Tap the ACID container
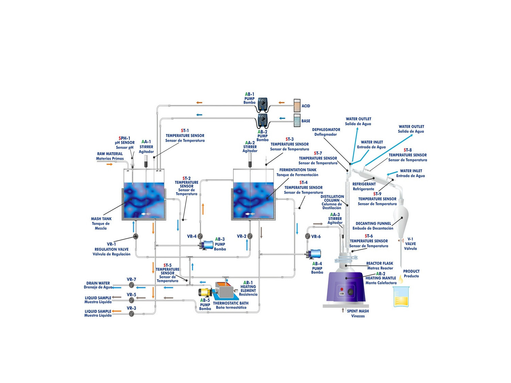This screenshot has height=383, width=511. click(x=297, y=106)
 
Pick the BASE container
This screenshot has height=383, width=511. click(x=297, y=121)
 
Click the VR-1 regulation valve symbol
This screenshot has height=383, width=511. click(x=136, y=236)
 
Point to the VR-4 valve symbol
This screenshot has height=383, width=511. click(x=200, y=236)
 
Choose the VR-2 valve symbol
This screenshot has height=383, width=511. click(x=250, y=236)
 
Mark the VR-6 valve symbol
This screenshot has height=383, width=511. click(x=308, y=236)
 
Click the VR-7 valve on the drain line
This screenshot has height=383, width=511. click(x=131, y=285)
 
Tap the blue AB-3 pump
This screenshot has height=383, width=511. click(x=206, y=245)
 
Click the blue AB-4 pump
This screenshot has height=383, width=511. click(x=314, y=254)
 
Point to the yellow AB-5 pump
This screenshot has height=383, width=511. click(x=205, y=292)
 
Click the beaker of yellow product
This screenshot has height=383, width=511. click(x=401, y=297)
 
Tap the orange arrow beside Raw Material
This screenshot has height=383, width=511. click(x=109, y=164)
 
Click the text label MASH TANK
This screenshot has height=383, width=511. click(x=101, y=219)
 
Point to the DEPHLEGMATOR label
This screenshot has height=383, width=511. click(x=326, y=130)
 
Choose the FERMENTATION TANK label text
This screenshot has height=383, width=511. click(x=298, y=170)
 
